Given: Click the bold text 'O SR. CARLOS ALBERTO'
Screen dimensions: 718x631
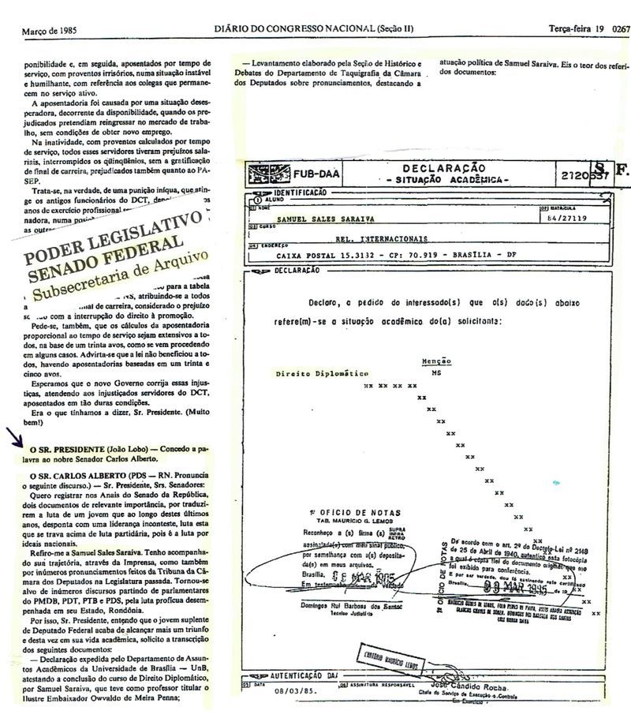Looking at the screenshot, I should coord(76,477).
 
